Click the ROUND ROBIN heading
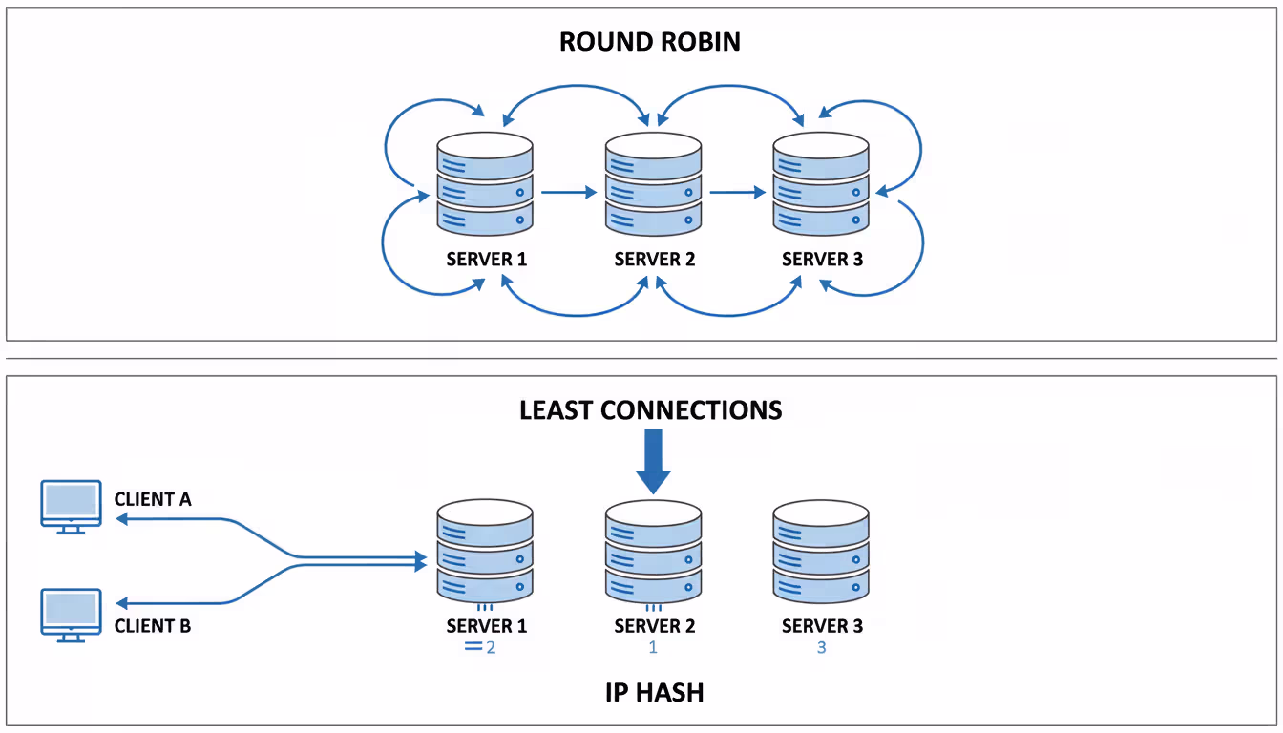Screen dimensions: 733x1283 [x=649, y=42]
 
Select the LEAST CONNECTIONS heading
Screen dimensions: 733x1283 [x=650, y=410]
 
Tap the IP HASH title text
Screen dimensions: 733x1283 [x=654, y=693]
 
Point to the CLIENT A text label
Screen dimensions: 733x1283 [x=153, y=499]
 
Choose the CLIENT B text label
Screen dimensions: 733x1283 [x=153, y=626]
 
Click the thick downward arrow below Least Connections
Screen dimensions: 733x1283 [x=654, y=462]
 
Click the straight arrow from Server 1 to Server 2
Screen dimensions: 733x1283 [x=569, y=192]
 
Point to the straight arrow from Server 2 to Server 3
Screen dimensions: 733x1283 [x=737, y=192]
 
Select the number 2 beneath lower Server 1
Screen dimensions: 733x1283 [x=491, y=647]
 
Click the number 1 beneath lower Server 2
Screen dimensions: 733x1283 [x=654, y=647]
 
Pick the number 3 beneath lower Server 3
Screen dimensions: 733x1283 [x=822, y=647]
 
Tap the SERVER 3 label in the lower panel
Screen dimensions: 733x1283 [x=822, y=626]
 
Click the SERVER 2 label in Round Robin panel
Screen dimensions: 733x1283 [x=654, y=259]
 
